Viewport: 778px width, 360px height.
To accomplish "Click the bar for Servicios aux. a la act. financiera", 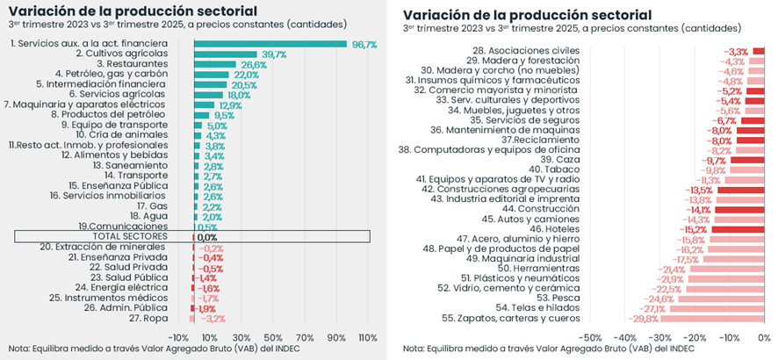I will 270,44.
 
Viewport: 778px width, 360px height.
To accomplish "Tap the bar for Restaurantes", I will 214,65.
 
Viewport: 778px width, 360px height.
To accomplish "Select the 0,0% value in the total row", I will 206,237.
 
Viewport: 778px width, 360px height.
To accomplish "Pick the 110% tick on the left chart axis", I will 367,337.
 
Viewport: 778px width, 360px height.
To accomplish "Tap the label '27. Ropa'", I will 148,318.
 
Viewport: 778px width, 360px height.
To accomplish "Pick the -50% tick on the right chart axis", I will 590,337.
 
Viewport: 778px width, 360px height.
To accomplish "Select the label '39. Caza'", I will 560,160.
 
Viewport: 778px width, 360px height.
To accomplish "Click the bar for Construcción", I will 738,210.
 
